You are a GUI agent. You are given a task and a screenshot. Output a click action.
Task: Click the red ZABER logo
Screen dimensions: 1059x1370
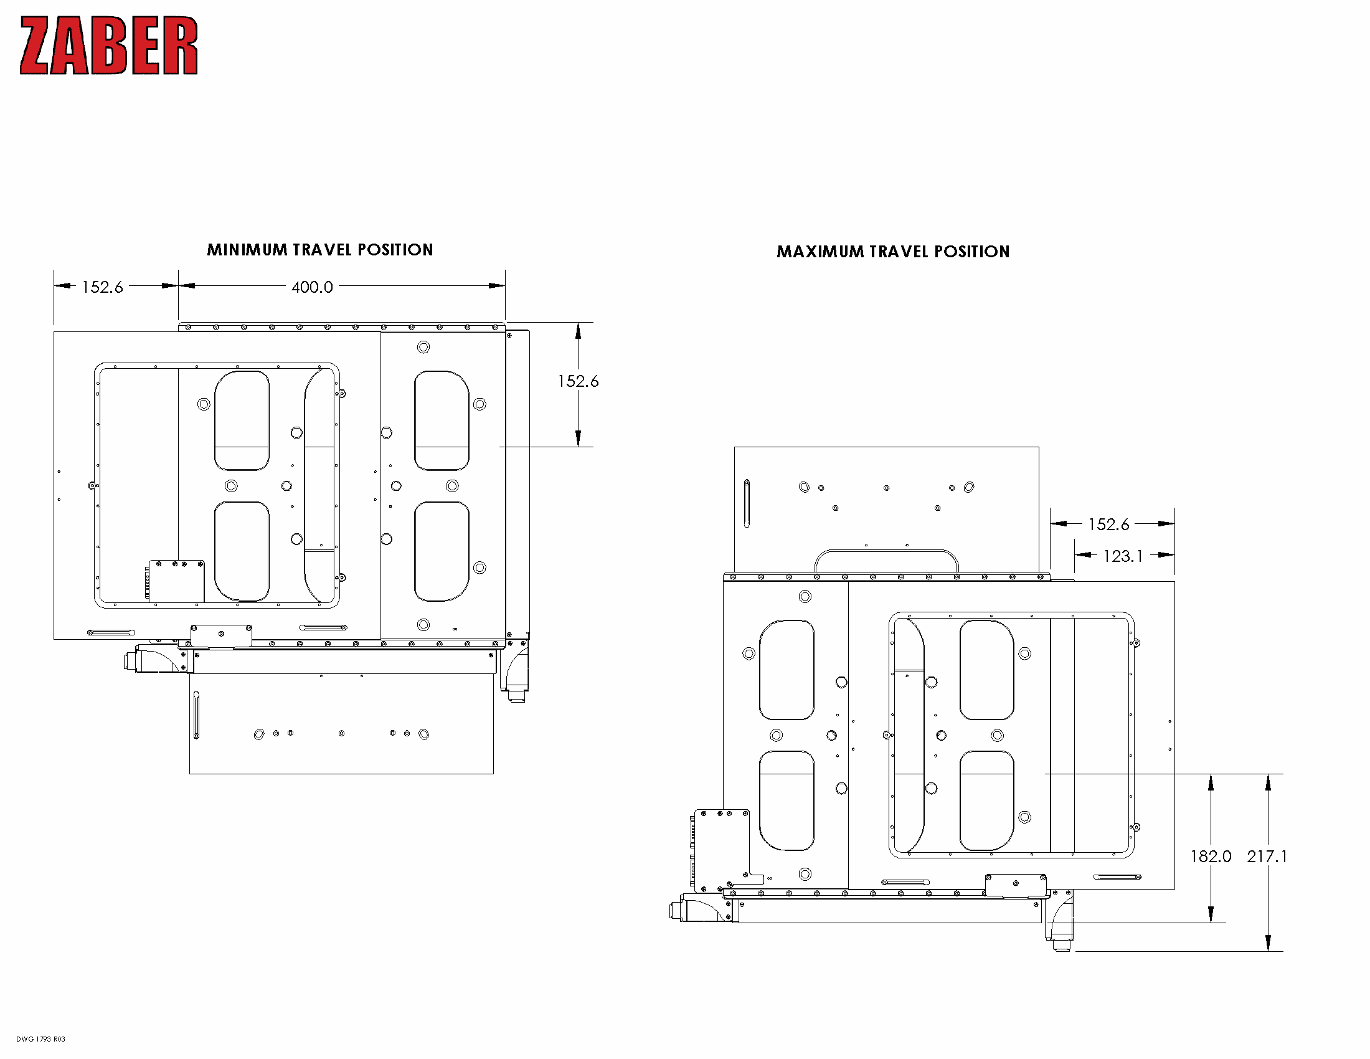tap(108, 46)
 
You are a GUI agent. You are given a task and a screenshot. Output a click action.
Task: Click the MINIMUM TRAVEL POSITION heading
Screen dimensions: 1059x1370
tap(320, 250)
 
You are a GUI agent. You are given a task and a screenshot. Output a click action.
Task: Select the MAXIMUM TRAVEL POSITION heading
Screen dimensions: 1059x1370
tap(892, 252)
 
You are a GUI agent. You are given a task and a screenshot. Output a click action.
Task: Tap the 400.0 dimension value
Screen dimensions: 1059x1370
tap(312, 287)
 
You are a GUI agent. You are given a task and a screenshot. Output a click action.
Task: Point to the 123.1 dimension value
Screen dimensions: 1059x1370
tap(1122, 556)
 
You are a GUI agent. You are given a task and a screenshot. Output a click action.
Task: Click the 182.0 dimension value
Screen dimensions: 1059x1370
tap(1211, 857)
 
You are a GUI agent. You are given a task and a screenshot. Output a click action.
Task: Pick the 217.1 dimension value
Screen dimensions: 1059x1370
tap(1267, 857)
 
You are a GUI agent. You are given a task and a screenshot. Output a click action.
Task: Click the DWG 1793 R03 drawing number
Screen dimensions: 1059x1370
tap(40, 1039)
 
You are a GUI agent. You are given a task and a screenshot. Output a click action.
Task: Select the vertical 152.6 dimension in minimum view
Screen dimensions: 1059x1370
tap(578, 381)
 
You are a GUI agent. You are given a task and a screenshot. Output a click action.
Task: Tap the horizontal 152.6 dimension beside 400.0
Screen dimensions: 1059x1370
tap(102, 287)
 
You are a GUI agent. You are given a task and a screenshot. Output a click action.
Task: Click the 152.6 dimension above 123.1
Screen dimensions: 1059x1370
tap(1108, 525)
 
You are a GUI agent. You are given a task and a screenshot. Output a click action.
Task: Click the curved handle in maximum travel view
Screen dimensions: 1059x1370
tap(886, 553)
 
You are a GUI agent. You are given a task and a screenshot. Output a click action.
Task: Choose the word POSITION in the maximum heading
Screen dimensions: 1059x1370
tap(971, 252)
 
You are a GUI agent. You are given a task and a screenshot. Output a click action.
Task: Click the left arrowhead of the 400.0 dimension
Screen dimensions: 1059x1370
tap(186, 286)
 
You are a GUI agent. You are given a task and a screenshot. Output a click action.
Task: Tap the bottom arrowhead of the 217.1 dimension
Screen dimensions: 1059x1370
tap(1268, 943)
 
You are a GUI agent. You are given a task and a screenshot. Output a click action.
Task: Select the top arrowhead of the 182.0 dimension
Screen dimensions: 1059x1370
tap(1211, 782)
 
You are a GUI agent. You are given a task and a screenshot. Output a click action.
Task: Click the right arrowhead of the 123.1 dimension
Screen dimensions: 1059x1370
tap(1166, 555)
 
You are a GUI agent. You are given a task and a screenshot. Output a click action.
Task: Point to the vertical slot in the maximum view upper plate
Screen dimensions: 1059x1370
tap(747, 503)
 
